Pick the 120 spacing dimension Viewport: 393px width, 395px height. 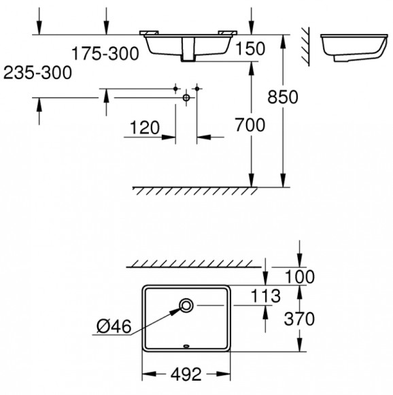145,127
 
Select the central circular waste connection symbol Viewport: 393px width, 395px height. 186,98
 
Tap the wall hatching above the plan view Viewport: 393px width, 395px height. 197,262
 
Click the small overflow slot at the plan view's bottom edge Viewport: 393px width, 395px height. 187,345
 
